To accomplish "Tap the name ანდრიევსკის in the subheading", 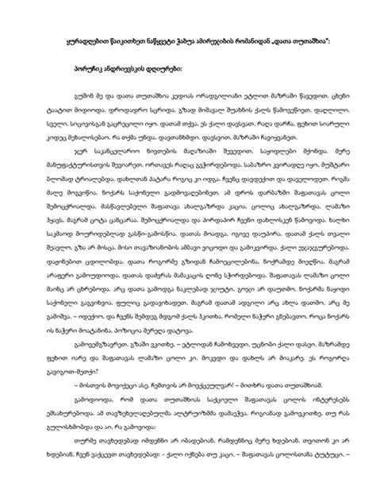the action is (126, 68).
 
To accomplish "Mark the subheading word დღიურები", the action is (171, 68).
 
